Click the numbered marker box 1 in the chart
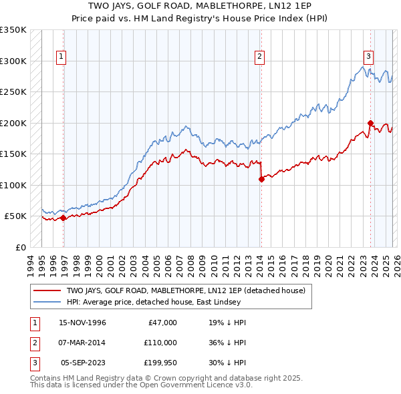pyautogui.click(x=61, y=57)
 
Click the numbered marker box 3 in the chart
pyautogui.click(x=368, y=57)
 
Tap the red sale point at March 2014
pyautogui.click(x=261, y=179)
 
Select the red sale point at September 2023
pyautogui.click(x=370, y=123)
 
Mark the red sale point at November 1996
pyautogui.click(x=63, y=218)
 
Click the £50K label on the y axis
pyautogui.click(x=16, y=216)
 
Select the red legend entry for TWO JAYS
pyautogui.click(x=185, y=290)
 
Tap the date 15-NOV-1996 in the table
pyautogui.click(x=82, y=323)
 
